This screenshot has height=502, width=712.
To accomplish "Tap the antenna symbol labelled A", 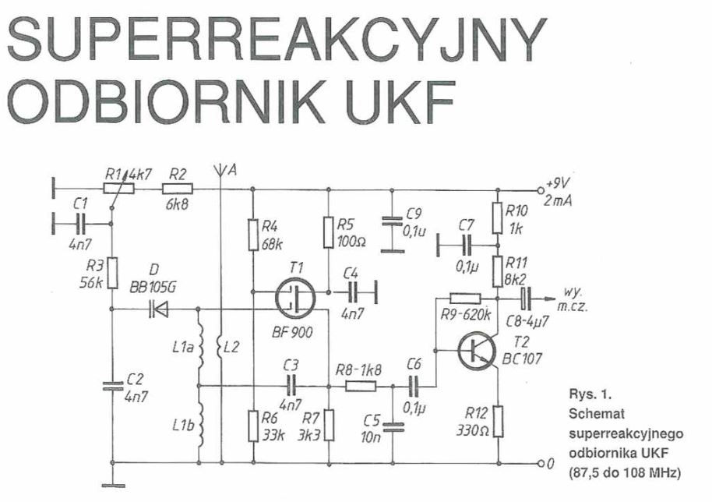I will (x=222, y=171).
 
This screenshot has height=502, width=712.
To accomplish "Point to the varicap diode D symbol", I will (x=159, y=309).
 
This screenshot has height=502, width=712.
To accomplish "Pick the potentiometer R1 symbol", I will (x=118, y=188).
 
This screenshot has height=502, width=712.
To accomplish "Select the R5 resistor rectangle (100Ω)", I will (x=329, y=231).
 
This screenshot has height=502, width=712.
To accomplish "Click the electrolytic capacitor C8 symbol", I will (x=526, y=296).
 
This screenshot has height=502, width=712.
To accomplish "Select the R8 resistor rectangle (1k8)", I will (x=360, y=384).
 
